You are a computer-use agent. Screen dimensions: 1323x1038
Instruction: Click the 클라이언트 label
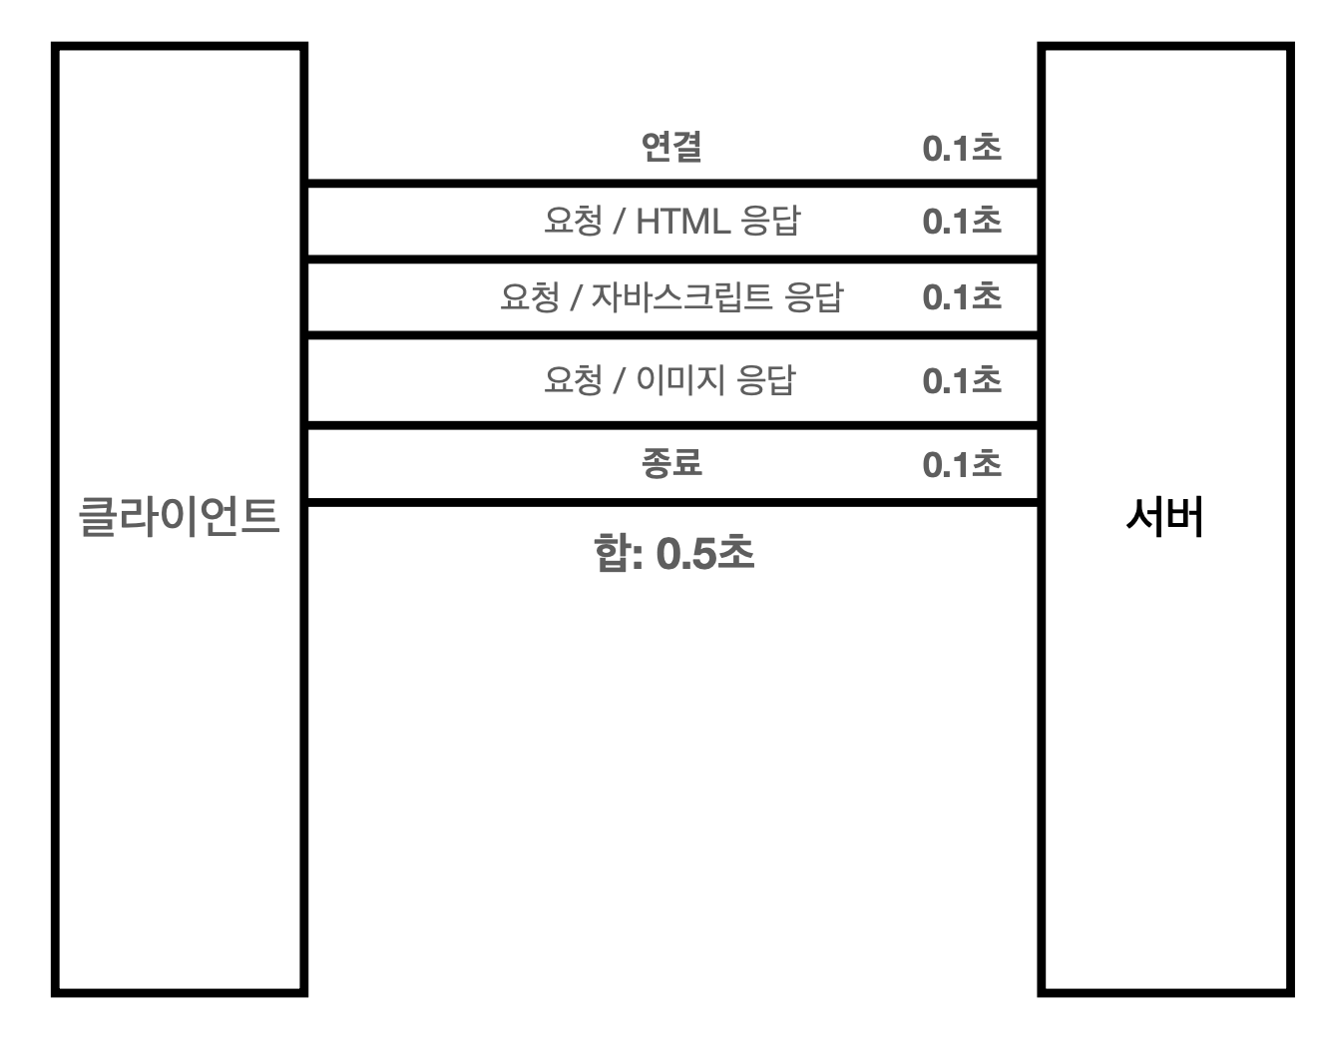[179, 518]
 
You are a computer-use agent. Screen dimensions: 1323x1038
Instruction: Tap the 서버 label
[1164, 518]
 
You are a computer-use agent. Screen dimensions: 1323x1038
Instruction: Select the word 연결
[671, 148]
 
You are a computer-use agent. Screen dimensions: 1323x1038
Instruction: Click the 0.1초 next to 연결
[962, 149]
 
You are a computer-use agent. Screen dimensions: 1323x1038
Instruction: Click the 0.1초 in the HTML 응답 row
[962, 221]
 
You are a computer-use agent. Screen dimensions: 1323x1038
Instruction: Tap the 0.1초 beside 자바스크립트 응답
[962, 296]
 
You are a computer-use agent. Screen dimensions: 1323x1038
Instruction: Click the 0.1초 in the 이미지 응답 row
[962, 380]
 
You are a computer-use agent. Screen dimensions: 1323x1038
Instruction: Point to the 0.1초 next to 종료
[962, 464]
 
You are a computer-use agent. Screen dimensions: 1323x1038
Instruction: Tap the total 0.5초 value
[705, 554]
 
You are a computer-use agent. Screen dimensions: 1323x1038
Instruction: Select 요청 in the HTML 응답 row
[573, 221]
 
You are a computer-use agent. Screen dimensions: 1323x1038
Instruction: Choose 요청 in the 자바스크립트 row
[529, 296]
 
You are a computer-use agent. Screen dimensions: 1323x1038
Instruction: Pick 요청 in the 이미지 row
[573, 380]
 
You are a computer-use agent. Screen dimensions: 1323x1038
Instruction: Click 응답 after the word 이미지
[765, 380]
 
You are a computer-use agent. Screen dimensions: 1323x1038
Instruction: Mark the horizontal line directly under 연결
[671, 184]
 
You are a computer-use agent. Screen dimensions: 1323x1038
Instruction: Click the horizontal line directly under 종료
[671, 502]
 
